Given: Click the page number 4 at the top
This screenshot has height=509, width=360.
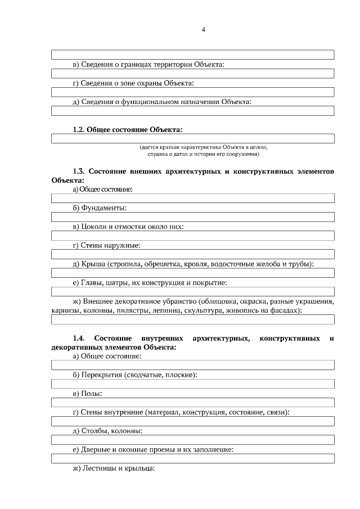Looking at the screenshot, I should [x=203, y=30].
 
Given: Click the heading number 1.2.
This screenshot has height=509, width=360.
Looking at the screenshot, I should [x=78, y=130].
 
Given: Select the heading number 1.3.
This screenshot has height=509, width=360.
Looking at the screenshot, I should [x=79, y=170].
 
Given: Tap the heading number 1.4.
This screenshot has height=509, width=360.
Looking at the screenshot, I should [x=79, y=338].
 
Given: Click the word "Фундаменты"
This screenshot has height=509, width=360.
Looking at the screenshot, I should [x=103, y=208].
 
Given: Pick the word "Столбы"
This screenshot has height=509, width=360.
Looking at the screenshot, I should [x=96, y=431].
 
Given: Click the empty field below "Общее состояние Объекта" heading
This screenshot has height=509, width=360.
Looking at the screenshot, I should [x=193, y=139].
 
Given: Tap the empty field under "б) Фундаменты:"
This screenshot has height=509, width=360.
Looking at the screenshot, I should [x=193, y=217].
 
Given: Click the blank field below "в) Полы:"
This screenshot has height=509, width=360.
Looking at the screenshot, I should [x=193, y=403].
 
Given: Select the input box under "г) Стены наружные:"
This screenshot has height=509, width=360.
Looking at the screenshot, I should [x=193, y=254].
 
